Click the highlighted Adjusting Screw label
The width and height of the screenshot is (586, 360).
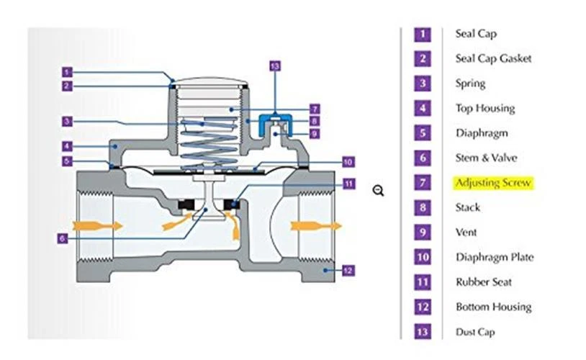[492, 183]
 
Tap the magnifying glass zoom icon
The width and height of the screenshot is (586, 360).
[378, 190]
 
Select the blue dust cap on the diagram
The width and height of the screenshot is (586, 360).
[274, 117]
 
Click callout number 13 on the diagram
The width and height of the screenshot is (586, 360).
[274, 66]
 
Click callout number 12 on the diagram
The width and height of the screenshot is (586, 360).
[347, 271]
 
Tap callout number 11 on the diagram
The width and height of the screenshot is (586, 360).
[348, 184]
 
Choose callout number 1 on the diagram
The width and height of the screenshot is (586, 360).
[66, 72]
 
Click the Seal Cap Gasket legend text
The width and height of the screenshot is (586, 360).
[493, 58]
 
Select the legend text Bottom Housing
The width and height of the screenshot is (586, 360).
[493, 307]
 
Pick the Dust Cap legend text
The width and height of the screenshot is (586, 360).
[474, 332]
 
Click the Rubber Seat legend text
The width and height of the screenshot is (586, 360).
[483, 282]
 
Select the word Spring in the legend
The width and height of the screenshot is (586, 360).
[470, 84]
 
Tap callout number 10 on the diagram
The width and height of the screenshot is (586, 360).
[346, 162]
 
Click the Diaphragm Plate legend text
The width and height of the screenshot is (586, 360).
[494, 257]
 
